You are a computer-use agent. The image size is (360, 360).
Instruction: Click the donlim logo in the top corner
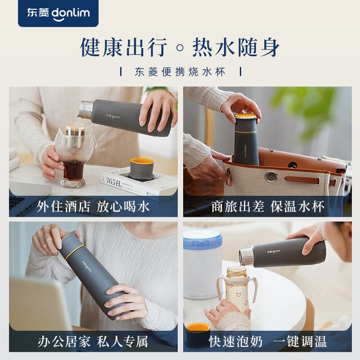(58, 13)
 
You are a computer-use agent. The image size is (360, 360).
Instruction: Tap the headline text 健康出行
(123, 47)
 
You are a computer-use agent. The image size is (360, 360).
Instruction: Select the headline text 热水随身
(236, 47)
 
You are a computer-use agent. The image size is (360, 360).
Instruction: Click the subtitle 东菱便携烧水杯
(180, 72)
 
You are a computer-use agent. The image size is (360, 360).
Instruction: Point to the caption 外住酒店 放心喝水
(93, 207)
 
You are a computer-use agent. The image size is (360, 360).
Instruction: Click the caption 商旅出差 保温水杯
(268, 207)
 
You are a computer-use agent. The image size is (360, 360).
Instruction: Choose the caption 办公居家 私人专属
(93, 341)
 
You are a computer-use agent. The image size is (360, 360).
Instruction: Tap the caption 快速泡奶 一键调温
(268, 341)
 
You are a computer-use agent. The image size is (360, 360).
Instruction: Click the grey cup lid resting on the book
(141, 169)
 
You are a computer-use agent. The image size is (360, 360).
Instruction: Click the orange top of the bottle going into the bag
(245, 116)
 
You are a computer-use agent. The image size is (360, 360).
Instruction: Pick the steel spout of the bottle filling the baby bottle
(246, 257)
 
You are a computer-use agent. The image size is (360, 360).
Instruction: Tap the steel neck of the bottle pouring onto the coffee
(86, 109)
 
